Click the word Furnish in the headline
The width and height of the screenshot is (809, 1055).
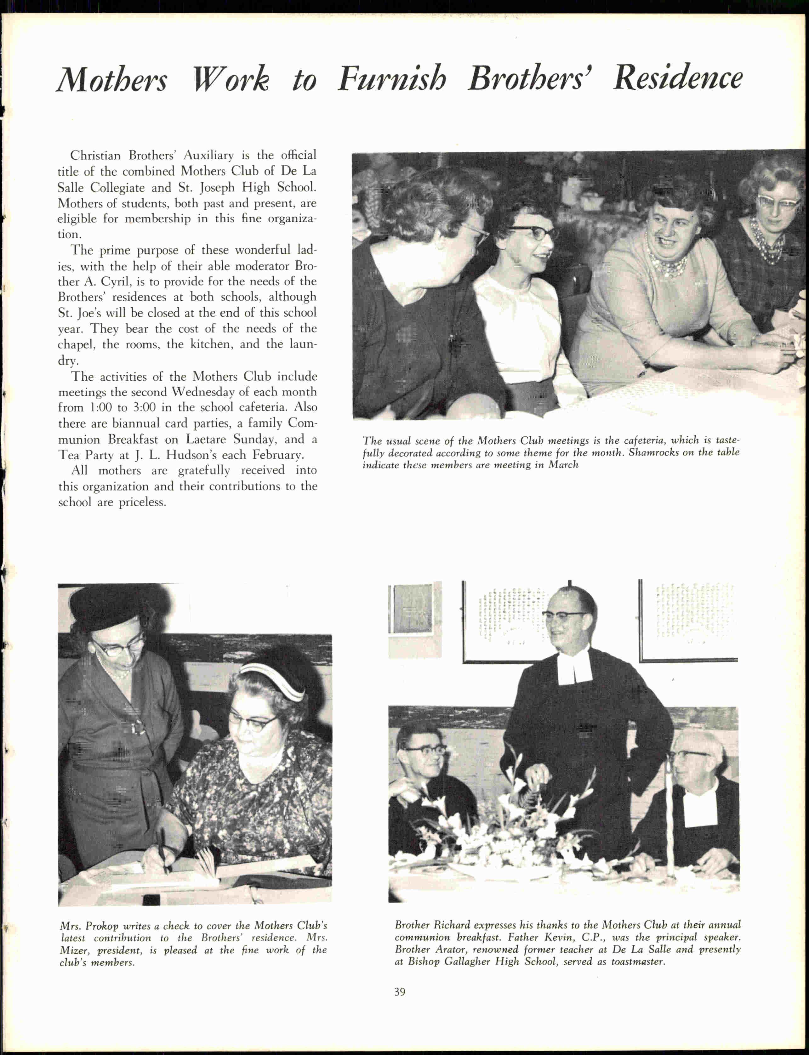coord(391,78)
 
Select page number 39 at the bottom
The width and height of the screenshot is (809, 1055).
coord(400,991)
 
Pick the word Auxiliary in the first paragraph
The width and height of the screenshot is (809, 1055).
coord(208,156)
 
